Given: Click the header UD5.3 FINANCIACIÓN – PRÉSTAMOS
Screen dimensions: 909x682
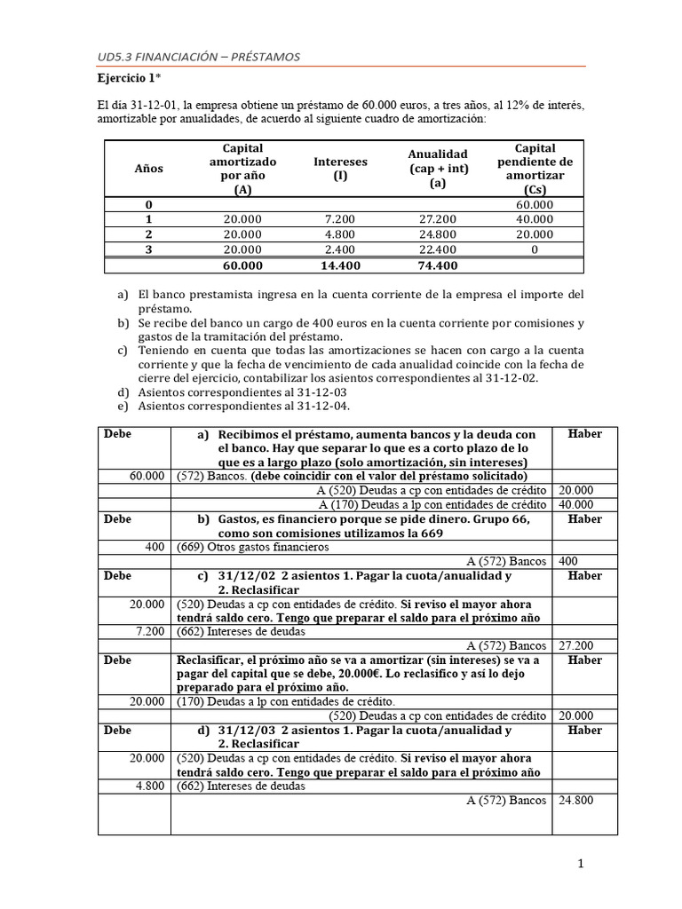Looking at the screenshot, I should [199, 57].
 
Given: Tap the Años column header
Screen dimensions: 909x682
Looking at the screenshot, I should [148, 168].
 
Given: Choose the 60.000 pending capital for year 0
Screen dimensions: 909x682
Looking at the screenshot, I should [535, 204].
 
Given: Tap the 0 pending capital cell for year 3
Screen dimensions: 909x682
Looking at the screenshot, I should [535, 249].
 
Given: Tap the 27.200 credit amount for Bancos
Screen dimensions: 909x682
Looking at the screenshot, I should [575, 645].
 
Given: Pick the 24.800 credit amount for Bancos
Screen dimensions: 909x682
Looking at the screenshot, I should [575, 800].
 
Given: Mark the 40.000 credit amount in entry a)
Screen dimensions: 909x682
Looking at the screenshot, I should [575, 504].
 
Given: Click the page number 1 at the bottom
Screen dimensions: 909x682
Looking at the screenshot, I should [580, 864].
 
